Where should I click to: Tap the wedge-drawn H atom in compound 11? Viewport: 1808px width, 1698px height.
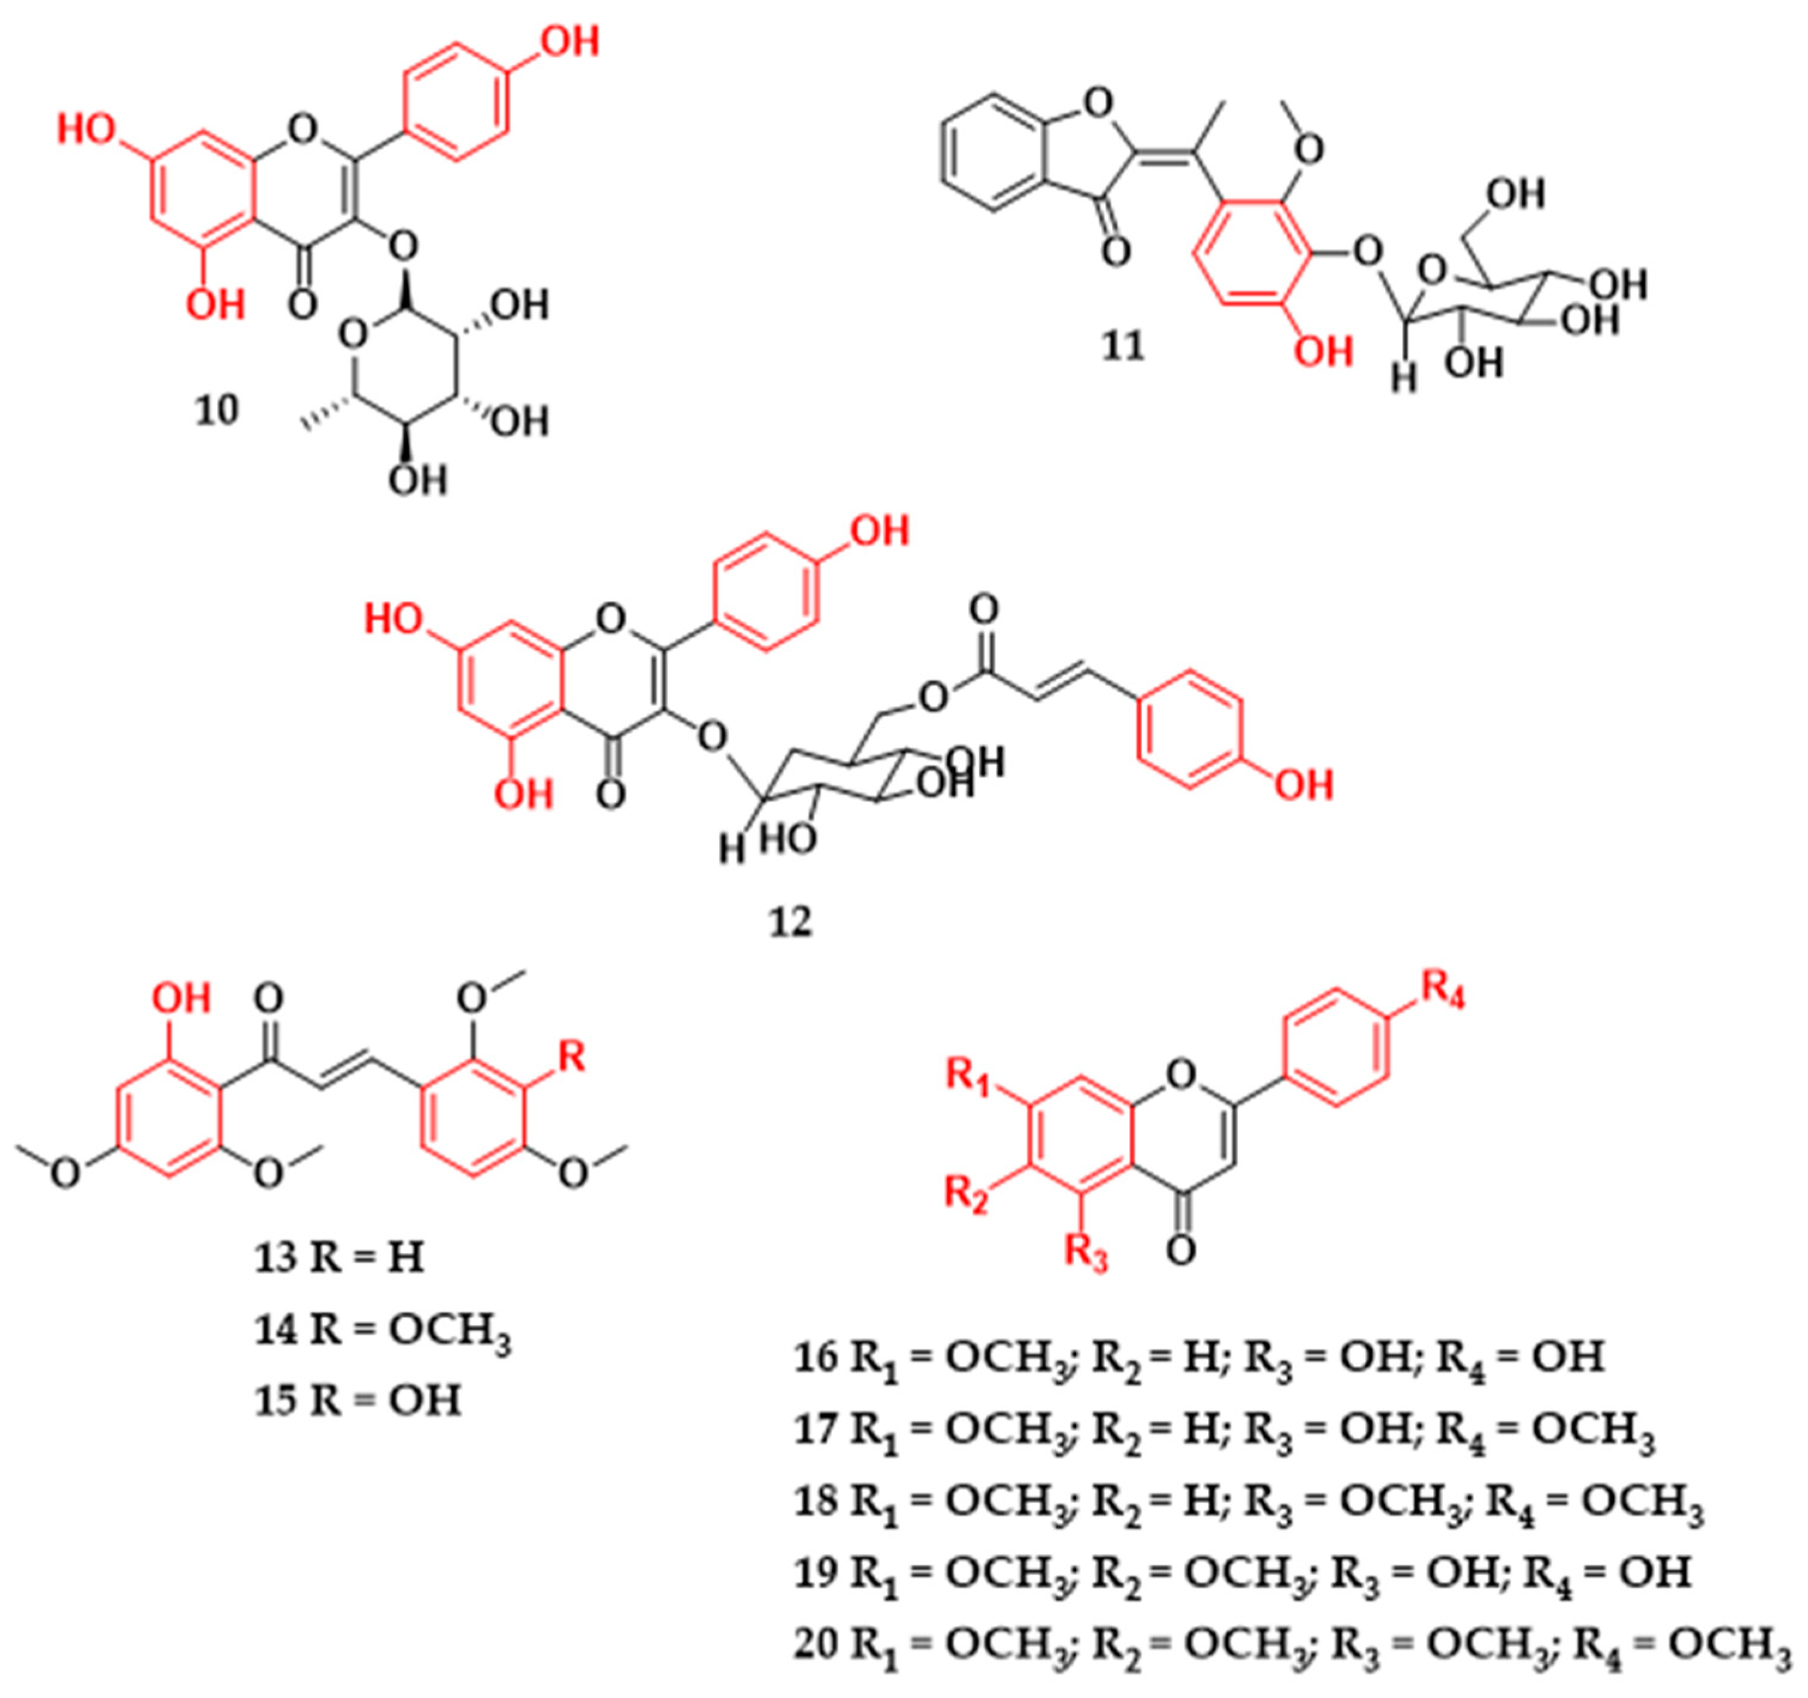1404,379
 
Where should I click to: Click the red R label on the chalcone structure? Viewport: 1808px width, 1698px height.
570,1057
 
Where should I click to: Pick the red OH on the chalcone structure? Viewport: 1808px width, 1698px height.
182,999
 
